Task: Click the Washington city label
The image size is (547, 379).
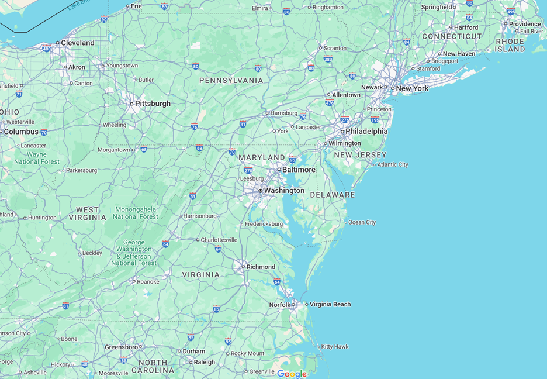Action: (284, 191)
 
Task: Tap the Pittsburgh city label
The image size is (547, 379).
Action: (153, 104)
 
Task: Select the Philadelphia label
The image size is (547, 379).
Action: (366, 132)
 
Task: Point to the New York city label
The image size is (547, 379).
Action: (412, 89)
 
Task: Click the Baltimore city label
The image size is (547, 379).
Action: (299, 170)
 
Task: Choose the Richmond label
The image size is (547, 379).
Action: (261, 267)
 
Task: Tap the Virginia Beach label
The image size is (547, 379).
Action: (330, 304)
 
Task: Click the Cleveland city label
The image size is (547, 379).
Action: (78, 43)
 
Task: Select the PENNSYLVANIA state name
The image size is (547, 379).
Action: (231, 80)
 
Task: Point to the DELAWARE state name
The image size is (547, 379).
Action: (332, 195)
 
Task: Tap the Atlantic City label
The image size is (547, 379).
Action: (393, 165)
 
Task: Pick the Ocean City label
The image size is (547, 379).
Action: (362, 222)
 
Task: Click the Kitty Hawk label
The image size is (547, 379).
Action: (335, 347)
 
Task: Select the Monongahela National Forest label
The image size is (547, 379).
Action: (136, 213)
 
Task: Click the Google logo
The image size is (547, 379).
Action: (292, 374)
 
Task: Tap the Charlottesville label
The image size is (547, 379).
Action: (219, 240)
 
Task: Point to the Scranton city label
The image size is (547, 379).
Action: (335, 48)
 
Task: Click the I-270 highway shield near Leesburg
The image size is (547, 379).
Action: (248, 170)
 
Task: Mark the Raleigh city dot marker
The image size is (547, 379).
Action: (191, 363)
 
